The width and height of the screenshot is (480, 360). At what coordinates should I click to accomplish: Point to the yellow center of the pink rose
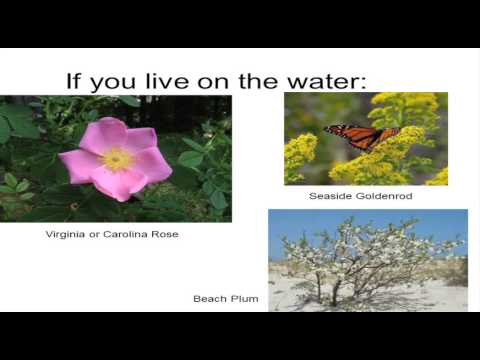[118, 158]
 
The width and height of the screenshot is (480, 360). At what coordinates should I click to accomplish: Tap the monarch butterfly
[359, 135]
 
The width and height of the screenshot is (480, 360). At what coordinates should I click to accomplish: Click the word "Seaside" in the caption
[329, 196]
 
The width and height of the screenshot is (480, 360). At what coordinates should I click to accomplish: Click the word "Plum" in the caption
[244, 298]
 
